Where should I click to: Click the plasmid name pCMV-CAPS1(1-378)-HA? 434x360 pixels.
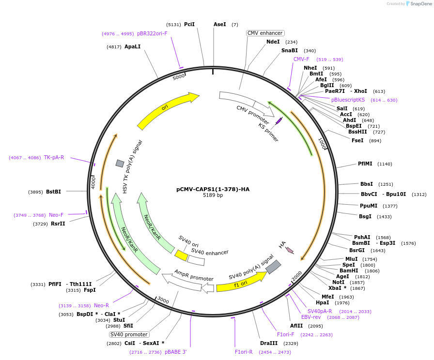point(213,189)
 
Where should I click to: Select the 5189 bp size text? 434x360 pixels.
point(213,195)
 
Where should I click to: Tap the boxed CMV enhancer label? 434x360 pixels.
point(265,33)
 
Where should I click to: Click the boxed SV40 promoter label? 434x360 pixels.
point(129,334)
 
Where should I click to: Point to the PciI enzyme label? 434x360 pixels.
point(189,24)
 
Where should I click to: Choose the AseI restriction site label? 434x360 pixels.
point(220,24)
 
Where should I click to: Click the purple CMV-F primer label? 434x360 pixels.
point(301,59)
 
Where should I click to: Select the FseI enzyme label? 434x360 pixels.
point(357,140)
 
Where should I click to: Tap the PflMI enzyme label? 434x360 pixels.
point(365,164)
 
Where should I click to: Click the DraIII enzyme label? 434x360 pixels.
point(268,343)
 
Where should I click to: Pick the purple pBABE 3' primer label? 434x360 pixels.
point(175,352)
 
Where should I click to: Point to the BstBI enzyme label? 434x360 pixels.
point(54,192)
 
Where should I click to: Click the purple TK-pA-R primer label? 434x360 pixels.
point(54,157)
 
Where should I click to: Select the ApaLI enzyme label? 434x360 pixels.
point(132,46)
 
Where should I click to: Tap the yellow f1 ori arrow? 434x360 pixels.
point(241,282)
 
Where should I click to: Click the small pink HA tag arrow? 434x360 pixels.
point(290,250)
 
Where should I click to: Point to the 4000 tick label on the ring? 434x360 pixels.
point(93,181)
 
